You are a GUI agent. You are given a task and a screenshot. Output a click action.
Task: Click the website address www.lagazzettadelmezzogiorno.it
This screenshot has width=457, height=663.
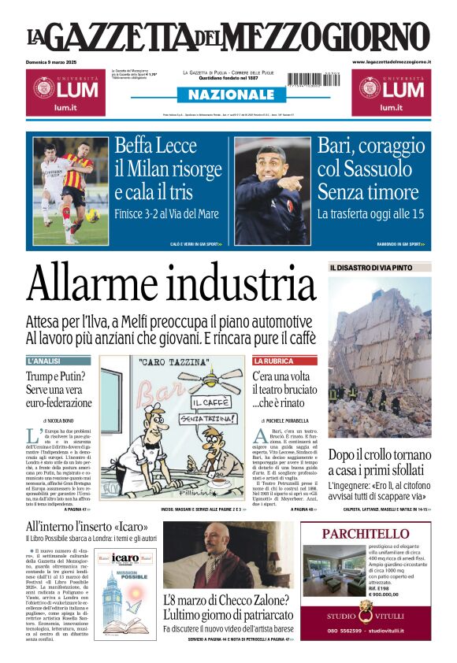click(392, 61)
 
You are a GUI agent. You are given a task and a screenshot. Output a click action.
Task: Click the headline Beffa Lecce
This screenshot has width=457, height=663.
click(155, 146)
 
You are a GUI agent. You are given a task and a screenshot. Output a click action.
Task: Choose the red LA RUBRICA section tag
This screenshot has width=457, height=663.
click(273, 361)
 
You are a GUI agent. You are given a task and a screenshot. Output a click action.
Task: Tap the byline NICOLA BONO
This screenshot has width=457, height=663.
click(63, 422)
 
